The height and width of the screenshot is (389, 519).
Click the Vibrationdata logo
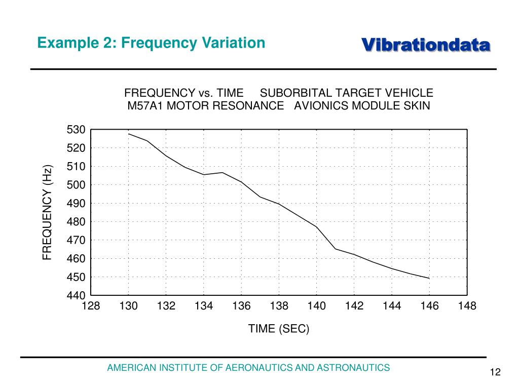point(426,45)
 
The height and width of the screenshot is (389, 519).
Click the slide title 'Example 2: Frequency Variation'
point(151,43)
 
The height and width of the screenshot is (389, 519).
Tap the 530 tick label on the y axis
point(76,130)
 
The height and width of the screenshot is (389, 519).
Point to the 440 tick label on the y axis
point(76,295)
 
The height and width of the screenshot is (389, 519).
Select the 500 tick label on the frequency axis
point(76,185)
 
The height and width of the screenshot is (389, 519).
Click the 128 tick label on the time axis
point(91,306)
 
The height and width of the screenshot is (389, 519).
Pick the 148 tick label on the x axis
point(467,306)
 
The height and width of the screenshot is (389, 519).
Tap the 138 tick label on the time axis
point(279,306)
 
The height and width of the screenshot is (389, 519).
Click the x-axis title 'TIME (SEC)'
point(279,329)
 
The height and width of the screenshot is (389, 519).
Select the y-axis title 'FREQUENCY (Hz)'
point(47,212)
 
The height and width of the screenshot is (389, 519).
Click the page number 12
point(495,373)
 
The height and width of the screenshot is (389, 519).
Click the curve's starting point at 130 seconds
point(129,134)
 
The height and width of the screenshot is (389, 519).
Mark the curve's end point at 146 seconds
point(429,278)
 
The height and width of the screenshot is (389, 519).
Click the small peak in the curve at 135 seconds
point(223,173)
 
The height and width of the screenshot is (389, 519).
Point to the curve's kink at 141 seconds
point(335,249)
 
